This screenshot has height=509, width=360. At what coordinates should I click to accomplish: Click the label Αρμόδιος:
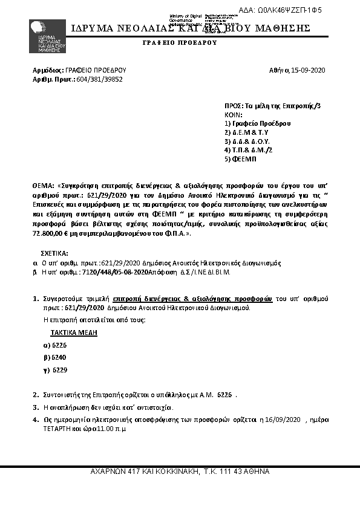pyautogui.click(x=44, y=71)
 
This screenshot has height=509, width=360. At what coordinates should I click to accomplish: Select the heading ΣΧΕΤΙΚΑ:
pyautogui.click(x=54, y=254)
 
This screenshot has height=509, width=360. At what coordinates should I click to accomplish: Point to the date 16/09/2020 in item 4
pyautogui.click(x=283, y=419)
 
